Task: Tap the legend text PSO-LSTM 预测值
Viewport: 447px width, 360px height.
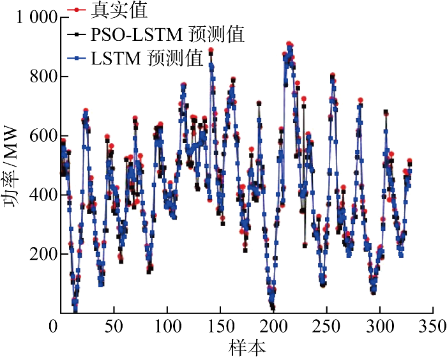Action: coord(168,34)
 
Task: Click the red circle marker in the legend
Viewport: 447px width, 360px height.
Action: coord(77,10)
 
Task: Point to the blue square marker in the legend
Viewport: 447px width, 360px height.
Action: coord(77,59)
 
